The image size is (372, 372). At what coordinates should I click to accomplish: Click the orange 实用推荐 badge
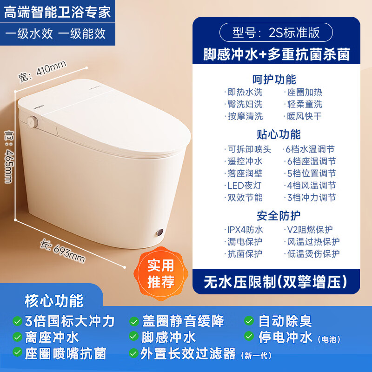tap(161, 273)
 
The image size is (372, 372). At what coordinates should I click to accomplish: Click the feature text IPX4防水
tap(245, 230)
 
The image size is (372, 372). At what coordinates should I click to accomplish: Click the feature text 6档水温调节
tap(310, 149)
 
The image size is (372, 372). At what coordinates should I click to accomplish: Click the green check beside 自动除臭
tap(250, 321)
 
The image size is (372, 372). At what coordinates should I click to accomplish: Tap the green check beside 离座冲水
tap(17, 337)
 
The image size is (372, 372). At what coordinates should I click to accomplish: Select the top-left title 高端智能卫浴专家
tap(58, 12)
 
